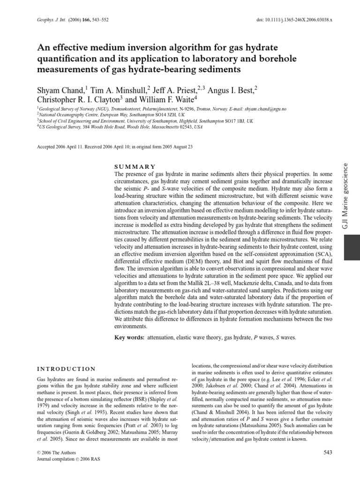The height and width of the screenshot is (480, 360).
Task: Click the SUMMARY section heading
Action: pyautogui.click(x=135, y=167)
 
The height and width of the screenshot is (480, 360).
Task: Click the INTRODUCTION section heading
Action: pyautogui.click(x=66, y=369)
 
